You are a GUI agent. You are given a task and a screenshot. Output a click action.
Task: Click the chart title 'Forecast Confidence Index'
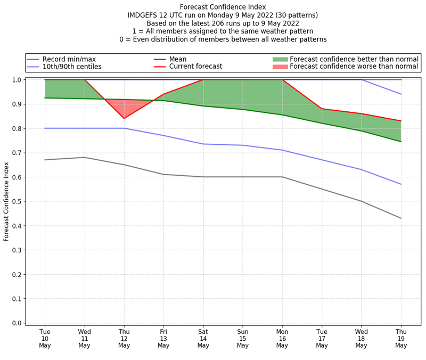coord(223,7)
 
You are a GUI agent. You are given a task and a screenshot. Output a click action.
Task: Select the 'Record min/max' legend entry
coord(69,59)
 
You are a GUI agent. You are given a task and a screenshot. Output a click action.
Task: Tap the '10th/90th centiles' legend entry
coord(72,67)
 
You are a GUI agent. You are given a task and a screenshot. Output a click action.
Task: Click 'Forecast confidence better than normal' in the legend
coord(354,59)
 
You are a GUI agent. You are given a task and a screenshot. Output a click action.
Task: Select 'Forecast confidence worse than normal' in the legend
coord(354,67)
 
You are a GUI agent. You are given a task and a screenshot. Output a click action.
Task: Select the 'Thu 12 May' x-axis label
coord(124,338)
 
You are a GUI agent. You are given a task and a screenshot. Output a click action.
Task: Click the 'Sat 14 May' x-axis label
coord(203,338)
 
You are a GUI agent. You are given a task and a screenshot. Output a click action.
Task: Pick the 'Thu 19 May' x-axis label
coord(401,338)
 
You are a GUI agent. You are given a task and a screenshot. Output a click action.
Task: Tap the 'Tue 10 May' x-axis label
coord(45,338)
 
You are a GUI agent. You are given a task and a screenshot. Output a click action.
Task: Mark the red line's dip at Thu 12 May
coord(124,118)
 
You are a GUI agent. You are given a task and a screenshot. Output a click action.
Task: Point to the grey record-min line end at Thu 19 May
coord(401,218)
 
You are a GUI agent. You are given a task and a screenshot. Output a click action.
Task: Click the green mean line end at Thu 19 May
coord(401,142)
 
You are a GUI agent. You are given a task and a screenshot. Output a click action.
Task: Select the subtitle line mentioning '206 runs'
coord(223,23)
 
